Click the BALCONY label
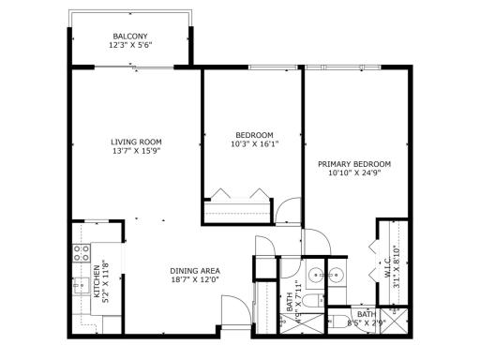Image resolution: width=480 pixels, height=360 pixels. pos(130,37)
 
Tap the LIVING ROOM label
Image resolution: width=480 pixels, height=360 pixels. pos(137,142)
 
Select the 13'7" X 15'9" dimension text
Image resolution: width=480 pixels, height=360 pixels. pos(137,151)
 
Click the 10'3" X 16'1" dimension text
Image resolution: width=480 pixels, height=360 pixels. pos(254,143)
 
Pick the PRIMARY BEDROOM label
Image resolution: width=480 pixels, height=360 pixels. pos(359,164)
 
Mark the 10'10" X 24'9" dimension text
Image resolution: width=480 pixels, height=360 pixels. pos(359,173)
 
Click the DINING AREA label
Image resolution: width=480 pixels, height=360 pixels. pos(195,271)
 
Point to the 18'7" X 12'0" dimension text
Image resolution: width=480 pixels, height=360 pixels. pos(195,280)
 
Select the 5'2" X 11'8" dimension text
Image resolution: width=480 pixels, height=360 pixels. pos(106,280)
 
